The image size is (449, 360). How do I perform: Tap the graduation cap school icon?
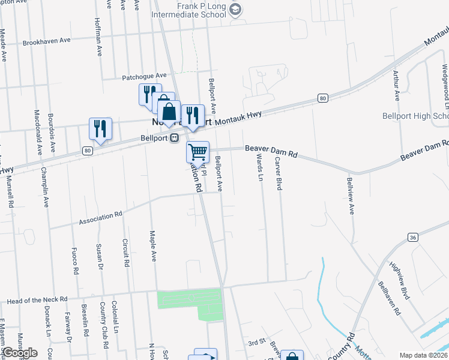pos(236,8)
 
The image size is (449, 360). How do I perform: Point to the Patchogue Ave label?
pos(144,76)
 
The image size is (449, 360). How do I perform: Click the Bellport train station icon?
pos(175,137)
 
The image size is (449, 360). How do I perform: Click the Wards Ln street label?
pos(260,167)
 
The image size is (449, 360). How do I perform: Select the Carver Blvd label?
pos(278,175)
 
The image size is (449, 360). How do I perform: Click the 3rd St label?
pos(257,342)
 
